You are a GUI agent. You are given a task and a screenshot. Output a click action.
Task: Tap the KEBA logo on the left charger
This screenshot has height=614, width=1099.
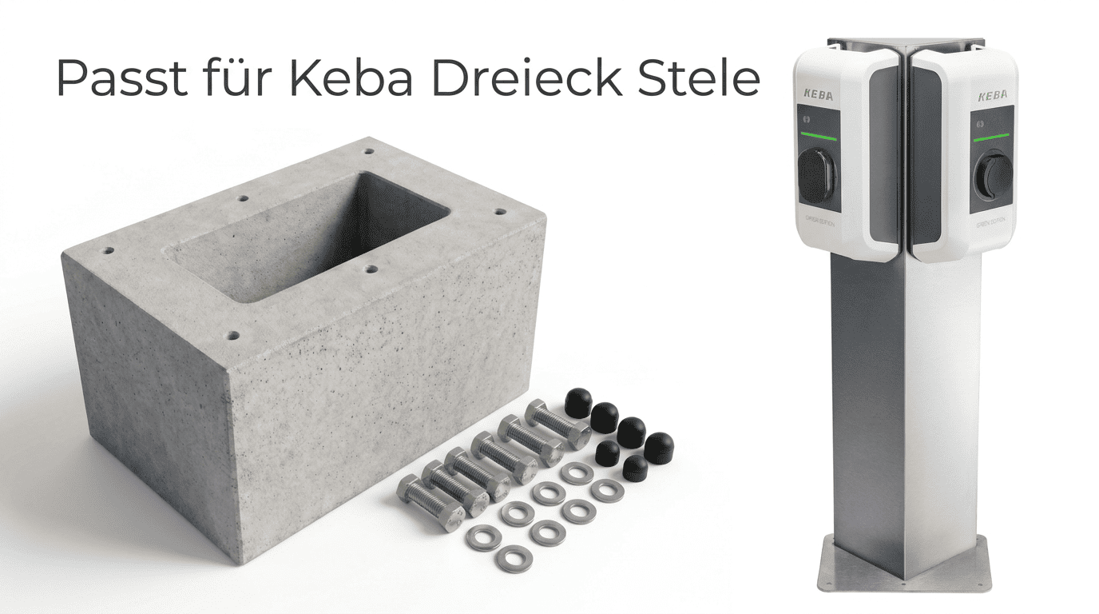point(819,95)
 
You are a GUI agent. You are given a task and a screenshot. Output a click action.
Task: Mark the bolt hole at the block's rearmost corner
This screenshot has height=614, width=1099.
point(368,150)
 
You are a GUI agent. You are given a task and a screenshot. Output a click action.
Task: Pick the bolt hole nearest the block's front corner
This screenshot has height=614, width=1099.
point(232,336)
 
